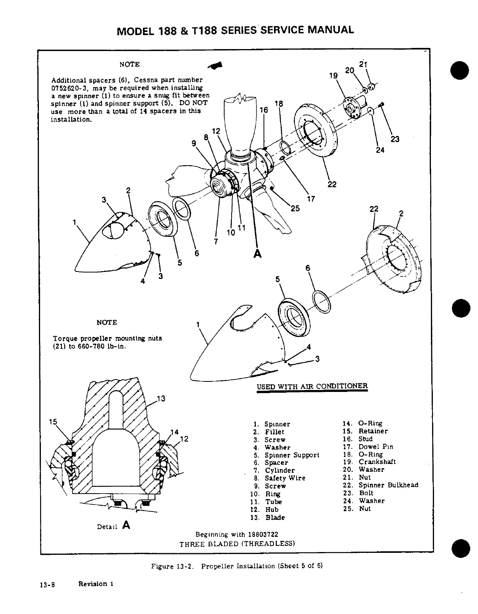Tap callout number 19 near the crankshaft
click(x=333, y=76)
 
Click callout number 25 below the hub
click(x=295, y=208)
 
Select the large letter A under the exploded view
click(x=257, y=254)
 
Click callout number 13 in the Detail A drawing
click(x=161, y=399)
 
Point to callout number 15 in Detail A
click(x=53, y=422)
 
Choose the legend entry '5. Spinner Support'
click(x=286, y=455)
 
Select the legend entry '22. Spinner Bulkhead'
click(x=381, y=485)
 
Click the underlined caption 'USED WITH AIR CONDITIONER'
click(x=312, y=386)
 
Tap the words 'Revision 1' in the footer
click(x=96, y=584)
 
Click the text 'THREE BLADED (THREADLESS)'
click(x=237, y=543)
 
